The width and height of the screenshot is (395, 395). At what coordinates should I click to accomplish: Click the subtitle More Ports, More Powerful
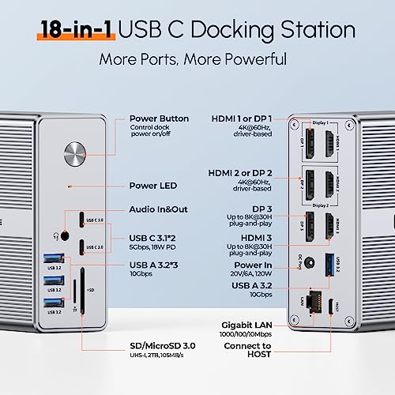tap(197, 60)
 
